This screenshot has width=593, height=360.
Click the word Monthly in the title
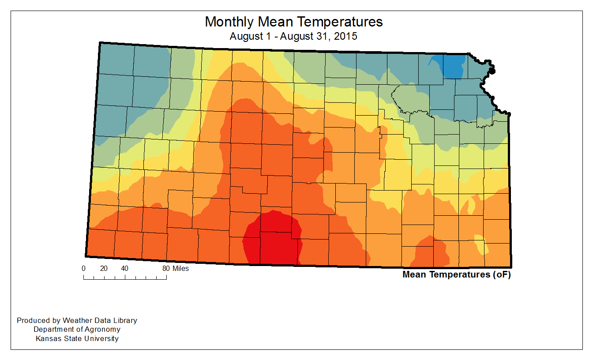click(x=229, y=22)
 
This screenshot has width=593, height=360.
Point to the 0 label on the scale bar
click(x=83, y=268)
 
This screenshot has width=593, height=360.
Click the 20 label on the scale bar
click(x=104, y=268)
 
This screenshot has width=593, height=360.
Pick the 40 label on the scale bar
click(x=125, y=268)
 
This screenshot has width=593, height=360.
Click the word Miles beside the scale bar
click(x=180, y=268)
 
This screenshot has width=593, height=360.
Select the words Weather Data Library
click(x=100, y=320)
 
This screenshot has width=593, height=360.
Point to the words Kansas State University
click(x=77, y=338)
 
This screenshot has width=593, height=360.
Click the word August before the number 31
click(x=296, y=36)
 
